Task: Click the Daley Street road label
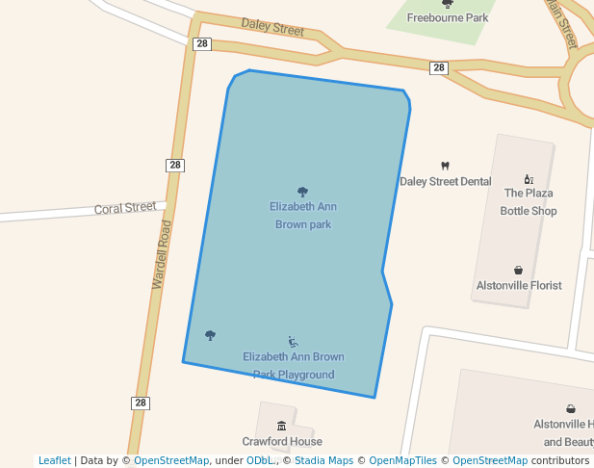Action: click(272, 27)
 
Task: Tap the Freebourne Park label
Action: click(447, 17)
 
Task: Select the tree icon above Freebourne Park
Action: click(447, 4)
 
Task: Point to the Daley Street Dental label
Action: click(445, 181)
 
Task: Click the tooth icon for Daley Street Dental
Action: click(445, 166)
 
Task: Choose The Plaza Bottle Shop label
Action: click(529, 201)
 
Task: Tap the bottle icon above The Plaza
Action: click(529, 178)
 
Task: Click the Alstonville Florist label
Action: click(519, 285)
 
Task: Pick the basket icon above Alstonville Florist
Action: click(519, 271)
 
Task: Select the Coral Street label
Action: click(124, 207)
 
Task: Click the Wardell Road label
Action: click(162, 255)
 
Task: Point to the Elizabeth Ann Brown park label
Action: click(303, 215)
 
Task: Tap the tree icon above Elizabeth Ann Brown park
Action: click(303, 192)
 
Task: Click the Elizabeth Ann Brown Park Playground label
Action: click(294, 365)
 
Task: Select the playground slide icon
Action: click(294, 342)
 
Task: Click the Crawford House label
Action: click(282, 441)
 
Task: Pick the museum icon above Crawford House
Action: click(281, 426)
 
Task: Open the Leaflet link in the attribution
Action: click(54, 460)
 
